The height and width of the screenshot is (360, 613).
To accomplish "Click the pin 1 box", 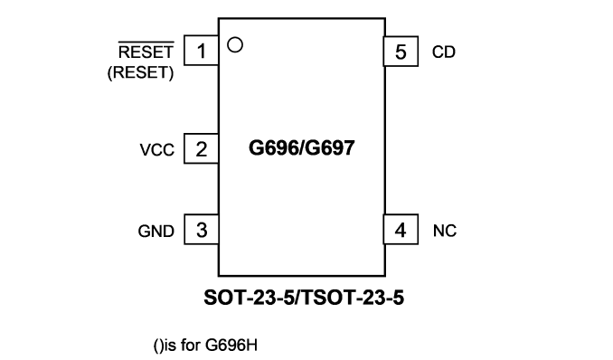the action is (202, 51).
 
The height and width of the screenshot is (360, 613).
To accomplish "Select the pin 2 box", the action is (202, 148).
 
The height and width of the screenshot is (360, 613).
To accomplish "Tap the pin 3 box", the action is (202, 230).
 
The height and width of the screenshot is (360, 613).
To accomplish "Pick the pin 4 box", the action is (401, 230).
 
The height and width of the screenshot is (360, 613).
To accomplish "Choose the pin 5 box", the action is (401, 52).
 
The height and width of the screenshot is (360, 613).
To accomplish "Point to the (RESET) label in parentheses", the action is (140, 72).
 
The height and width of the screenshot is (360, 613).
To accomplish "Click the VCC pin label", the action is (156, 150).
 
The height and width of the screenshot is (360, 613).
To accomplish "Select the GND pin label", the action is (156, 232).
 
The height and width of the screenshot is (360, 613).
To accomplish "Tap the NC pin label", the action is (445, 231).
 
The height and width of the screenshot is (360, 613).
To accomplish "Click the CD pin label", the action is (444, 52).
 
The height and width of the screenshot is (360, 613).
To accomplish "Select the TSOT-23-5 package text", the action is (353, 298).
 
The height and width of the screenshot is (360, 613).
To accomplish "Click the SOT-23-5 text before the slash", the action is (249, 298).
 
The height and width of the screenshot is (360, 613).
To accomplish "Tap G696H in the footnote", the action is (231, 346).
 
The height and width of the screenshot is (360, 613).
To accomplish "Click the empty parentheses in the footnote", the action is (158, 346).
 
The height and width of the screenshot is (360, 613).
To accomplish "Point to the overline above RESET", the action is (146, 42).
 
